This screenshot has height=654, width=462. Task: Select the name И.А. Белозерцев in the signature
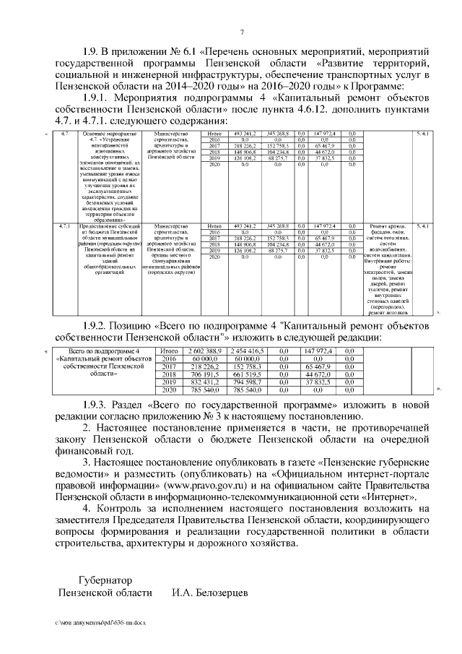click(209, 593)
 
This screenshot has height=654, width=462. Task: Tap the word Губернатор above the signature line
click(105, 580)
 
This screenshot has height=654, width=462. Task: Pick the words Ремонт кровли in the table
click(389, 226)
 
